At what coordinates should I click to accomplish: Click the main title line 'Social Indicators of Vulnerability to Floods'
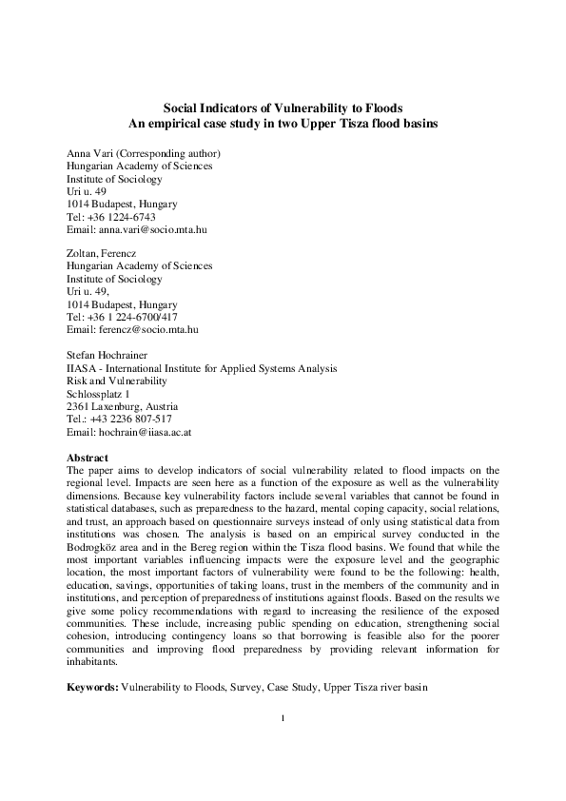[283, 109]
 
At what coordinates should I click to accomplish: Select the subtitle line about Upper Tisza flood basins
[283, 124]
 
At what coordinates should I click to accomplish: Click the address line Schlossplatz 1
[99, 392]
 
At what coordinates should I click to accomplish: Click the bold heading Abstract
[88, 457]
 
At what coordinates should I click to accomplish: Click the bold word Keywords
[92, 686]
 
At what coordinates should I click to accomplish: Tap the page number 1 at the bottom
[283, 744]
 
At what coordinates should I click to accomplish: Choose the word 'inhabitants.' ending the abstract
[93, 661]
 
